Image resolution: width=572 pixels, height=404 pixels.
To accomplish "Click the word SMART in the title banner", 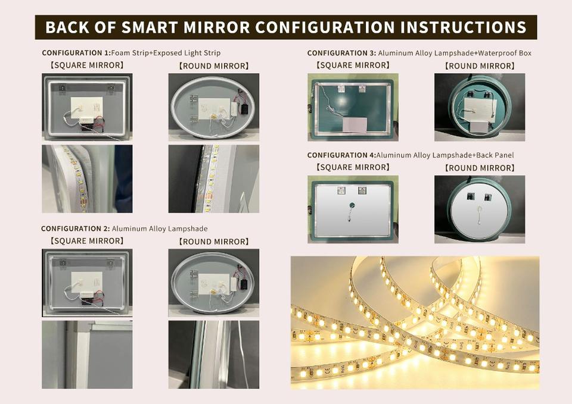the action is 151,28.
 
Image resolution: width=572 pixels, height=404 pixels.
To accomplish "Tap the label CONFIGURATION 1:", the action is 76,53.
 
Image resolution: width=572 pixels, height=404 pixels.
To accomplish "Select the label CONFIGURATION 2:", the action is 76,229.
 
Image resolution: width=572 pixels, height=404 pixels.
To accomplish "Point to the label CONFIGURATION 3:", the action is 341,53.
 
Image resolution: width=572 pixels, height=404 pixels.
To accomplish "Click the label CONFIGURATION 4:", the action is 341,155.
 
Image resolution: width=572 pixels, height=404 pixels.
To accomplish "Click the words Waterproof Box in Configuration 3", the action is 505,53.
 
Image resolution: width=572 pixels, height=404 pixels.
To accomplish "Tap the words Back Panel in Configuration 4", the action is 495,155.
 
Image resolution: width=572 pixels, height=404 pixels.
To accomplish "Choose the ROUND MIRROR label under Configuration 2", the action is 214,242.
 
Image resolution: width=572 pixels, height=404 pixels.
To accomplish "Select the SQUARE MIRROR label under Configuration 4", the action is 353,167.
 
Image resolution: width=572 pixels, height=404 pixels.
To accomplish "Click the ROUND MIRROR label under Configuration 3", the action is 480,66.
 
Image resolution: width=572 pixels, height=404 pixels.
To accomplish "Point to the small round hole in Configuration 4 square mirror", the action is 352,205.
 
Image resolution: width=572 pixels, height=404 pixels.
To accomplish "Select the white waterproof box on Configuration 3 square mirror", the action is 355,125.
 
